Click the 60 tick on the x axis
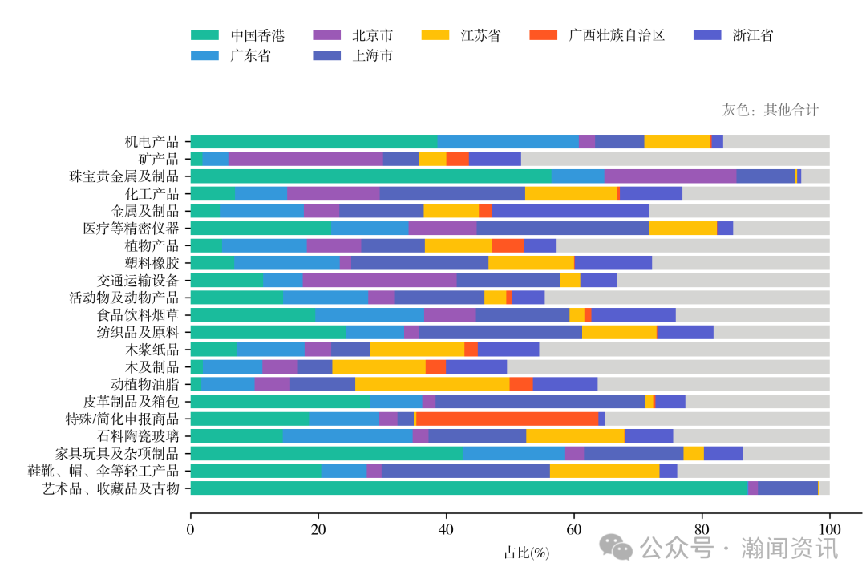click(x=574, y=529)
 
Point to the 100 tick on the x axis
click(x=829, y=529)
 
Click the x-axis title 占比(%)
click(x=526, y=553)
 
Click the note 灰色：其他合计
click(x=771, y=110)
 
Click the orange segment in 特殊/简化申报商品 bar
click(x=507, y=419)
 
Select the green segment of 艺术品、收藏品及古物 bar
click(x=469, y=488)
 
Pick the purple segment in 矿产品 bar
click(x=306, y=159)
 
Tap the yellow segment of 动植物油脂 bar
click(x=432, y=384)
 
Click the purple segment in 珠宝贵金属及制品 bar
click(x=670, y=176)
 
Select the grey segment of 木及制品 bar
click(x=668, y=366)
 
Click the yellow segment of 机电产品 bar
click(x=677, y=142)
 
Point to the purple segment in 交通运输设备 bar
click(x=379, y=281)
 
